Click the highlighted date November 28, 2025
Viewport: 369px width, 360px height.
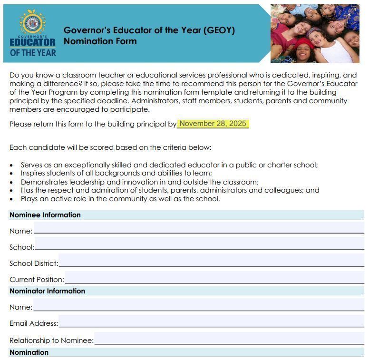213,124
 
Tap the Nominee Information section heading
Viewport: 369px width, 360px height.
45,215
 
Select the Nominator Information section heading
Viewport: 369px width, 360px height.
47,291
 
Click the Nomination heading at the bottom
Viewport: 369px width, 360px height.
29,352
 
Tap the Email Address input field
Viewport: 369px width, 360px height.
211,322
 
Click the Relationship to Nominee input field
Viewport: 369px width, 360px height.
229,339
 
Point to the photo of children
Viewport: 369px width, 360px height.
314,33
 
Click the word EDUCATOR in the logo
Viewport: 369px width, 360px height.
32,42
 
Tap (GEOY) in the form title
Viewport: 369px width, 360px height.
219,30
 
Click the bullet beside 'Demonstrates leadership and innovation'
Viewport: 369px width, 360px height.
11,182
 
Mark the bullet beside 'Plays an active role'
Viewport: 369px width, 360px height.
11,199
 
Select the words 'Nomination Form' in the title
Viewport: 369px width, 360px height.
100,41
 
